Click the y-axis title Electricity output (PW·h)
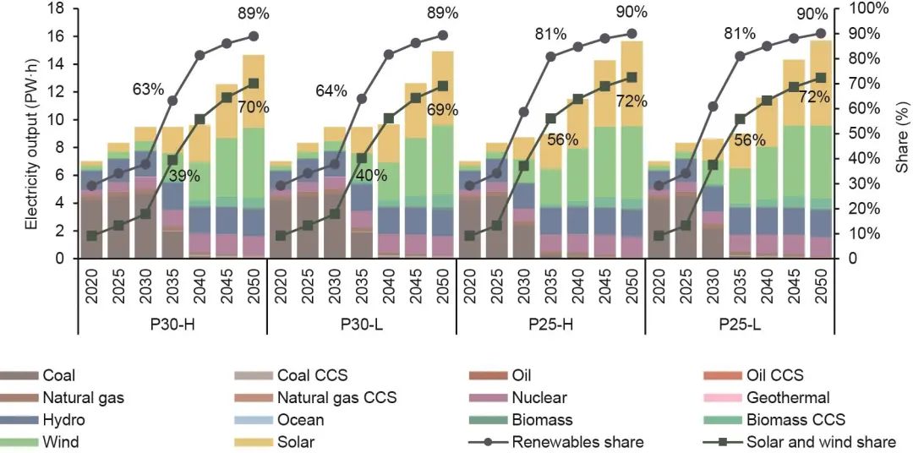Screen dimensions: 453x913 click(31, 133)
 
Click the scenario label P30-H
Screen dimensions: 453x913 click(172, 324)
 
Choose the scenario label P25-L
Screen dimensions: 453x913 click(740, 324)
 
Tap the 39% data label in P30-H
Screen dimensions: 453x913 click(184, 176)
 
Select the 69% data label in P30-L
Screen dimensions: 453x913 click(442, 109)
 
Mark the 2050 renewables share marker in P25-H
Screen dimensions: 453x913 click(631, 33)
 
